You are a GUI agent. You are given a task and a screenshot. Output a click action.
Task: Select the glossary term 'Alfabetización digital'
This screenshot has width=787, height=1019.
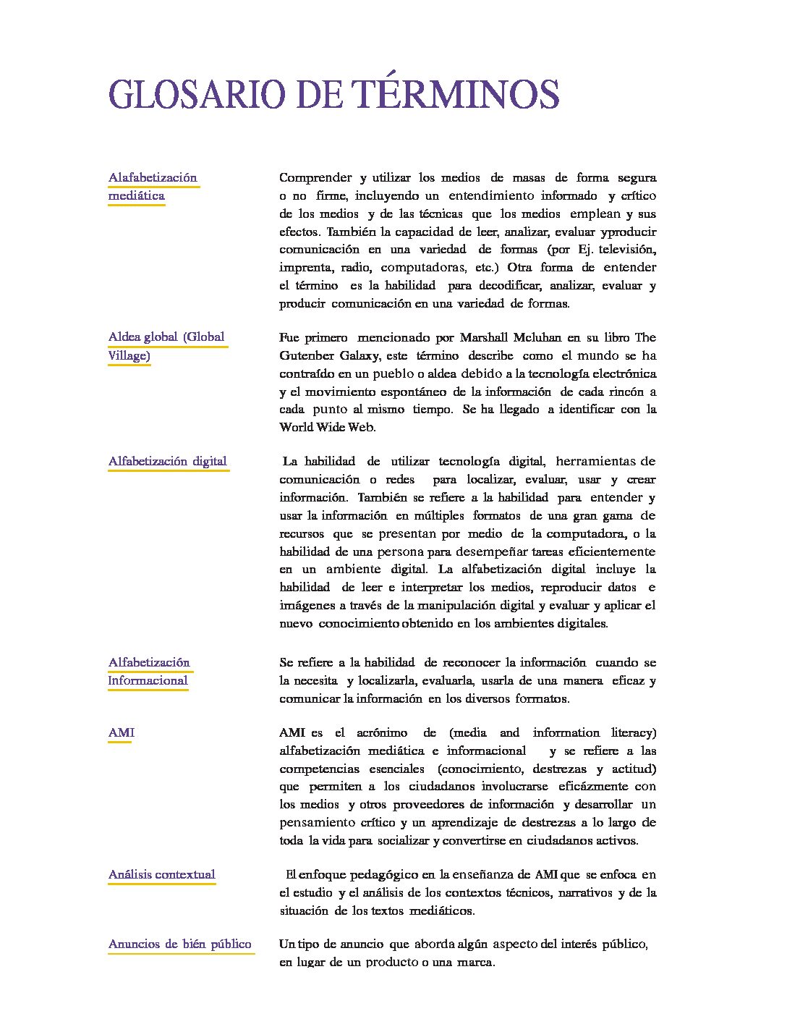168,461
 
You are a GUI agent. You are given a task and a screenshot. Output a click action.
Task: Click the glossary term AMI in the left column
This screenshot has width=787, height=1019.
122,732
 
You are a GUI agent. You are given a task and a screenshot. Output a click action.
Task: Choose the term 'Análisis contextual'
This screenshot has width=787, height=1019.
162,874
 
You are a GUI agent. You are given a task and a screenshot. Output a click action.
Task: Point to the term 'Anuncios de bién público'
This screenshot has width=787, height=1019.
180,944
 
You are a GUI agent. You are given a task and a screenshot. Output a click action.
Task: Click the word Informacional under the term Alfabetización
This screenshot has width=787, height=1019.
148,680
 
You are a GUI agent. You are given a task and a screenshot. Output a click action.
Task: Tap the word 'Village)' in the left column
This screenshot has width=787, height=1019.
129,355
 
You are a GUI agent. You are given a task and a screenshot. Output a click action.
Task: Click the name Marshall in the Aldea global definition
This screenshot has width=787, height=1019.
485,337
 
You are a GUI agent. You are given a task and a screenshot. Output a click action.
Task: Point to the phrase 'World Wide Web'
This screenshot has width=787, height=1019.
327,427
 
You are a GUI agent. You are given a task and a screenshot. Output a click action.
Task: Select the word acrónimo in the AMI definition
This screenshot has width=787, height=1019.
381,732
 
